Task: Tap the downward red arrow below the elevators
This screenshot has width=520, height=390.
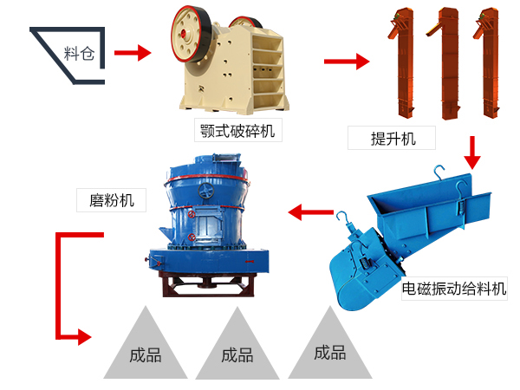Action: pyautogui.click(x=471, y=153)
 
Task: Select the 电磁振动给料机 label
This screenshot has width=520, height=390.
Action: pyautogui.click(x=454, y=289)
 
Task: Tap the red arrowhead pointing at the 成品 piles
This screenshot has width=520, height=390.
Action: pyautogui.click(x=83, y=335)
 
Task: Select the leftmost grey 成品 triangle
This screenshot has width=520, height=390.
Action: pyautogui.click(x=146, y=347)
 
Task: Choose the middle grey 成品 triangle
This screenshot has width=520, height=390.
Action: pyautogui.click(x=237, y=347)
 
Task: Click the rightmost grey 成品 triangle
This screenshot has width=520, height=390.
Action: pyautogui.click(x=329, y=347)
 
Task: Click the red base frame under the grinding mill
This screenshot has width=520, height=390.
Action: pyautogui.click(x=205, y=283)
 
